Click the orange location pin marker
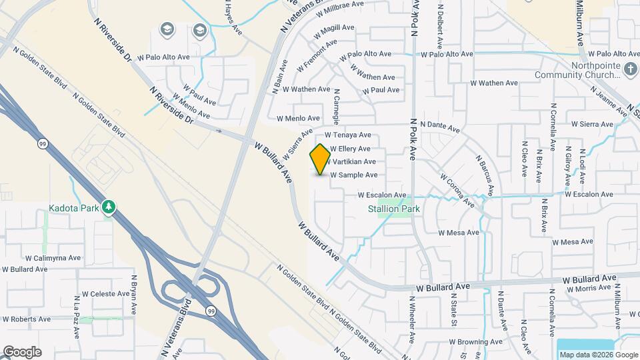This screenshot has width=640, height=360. coord(321,159)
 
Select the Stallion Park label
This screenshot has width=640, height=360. coord(393,209)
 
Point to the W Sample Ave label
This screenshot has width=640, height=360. coord(353,175)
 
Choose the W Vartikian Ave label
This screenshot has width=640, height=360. coord(353,162)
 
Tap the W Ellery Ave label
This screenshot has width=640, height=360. coord(349,149)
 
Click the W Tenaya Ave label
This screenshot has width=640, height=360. coord(347,135)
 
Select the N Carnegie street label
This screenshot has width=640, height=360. coord(337,107)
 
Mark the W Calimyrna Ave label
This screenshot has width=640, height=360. coord(53,257)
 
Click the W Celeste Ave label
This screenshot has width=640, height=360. coord(105,293)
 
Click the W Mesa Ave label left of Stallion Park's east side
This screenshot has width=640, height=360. coord(459,233)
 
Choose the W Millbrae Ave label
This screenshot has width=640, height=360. coord(342,4)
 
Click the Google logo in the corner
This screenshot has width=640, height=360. coord(22,351)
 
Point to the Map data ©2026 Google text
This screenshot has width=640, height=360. coord(598,355)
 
